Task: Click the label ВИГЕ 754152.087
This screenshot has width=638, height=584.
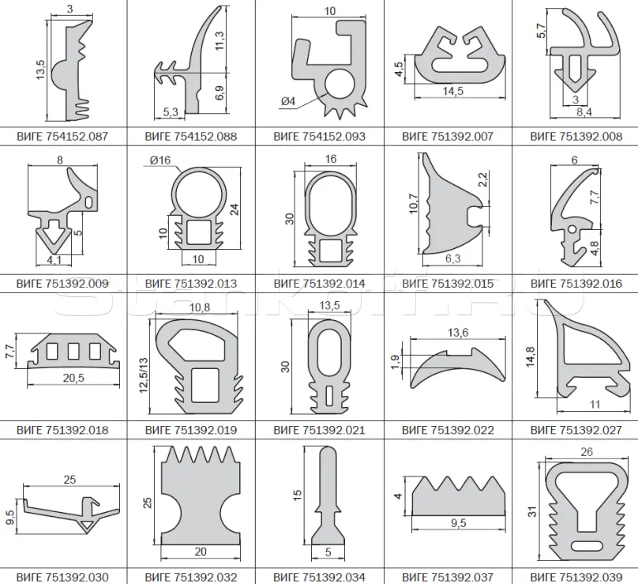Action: point(62,136)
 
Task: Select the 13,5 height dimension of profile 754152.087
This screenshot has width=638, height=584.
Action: point(40,70)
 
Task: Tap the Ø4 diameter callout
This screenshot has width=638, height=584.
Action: point(287,100)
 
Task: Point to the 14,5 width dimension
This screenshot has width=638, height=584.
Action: point(453,91)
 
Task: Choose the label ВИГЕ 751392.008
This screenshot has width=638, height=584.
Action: point(576,136)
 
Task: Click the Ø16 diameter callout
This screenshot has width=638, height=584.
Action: point(160,160)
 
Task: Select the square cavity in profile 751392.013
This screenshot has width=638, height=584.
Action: point(198,232)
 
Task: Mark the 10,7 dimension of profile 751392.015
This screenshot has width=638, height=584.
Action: point(414,203)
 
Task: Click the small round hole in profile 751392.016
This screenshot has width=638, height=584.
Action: point(572,229)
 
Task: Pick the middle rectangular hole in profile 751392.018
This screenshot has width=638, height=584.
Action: point(73,351)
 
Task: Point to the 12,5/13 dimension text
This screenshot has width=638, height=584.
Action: point(143,375)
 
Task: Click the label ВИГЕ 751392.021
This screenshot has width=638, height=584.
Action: point(319,430)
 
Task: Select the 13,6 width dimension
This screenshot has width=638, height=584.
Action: point(458,333)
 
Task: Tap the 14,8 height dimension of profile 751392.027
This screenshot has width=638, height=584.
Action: point(530,356)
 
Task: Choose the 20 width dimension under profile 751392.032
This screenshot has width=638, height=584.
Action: point(201,552)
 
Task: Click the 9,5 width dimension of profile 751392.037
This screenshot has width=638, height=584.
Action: point(458,523)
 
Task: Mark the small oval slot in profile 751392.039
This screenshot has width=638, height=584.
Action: point(587,547)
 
